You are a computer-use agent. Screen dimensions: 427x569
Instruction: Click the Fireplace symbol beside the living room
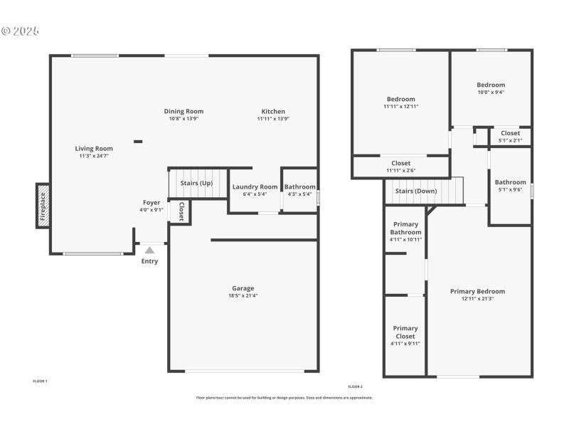(43, 206)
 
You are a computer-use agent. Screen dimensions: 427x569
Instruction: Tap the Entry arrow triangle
(149, 251)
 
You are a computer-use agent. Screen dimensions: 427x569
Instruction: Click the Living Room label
(94, 149)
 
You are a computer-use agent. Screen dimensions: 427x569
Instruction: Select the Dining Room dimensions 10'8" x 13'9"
(184, 119)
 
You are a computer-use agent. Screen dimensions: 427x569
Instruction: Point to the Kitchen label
(273, 111)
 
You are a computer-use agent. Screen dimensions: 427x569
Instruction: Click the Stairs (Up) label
(196, 183)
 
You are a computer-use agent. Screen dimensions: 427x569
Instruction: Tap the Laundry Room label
(255, 186)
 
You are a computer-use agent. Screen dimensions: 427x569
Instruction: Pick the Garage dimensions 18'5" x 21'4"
(242, 295)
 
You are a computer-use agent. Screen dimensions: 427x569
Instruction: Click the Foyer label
(151, 203)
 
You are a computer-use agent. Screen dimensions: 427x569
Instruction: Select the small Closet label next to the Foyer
(181, 211)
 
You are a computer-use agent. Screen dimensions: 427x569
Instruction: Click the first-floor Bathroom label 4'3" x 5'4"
(299, 187)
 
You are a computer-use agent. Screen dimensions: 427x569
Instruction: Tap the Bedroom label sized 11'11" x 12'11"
(400, 99)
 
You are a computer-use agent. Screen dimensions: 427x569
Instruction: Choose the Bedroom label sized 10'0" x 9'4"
(491, 85)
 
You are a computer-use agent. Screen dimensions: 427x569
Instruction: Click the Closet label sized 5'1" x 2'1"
(510, 133)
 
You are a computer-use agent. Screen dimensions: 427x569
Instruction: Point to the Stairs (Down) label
(416, 191)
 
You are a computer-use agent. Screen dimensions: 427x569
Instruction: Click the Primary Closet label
(405, 332)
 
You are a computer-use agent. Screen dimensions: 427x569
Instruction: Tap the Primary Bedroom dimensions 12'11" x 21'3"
(477, 299)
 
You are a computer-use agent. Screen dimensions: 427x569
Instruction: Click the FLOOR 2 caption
(355, 386)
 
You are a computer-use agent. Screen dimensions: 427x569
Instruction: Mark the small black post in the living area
(138, 142)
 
